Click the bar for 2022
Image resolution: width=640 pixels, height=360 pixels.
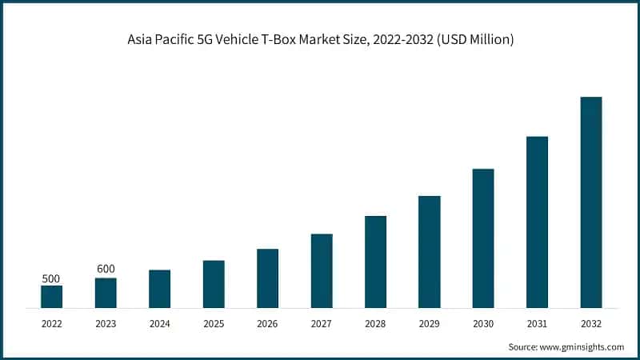tap(51, 296)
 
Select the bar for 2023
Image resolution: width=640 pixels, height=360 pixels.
tap(106, 293)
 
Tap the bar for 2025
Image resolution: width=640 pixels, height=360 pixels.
tap(214, 284)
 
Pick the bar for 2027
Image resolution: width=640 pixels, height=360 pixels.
tap(322, 270)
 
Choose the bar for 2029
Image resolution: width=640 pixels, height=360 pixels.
tap(430, 251)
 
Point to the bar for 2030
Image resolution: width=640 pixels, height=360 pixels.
tap(483, 238)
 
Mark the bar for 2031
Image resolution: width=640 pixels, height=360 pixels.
tap(537, 222)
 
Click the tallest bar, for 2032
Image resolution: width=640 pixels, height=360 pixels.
tap(591, 202)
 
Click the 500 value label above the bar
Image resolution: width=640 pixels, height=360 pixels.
tap(51, 278)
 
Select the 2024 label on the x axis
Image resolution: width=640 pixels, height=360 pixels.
tap(159, 323)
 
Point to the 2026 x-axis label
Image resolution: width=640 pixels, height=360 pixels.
tap(267, 323)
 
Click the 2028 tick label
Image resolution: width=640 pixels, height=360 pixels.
tap(375, 323)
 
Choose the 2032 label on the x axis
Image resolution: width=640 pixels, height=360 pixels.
tap(591, 323)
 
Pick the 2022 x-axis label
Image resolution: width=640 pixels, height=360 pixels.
tap(51, 323)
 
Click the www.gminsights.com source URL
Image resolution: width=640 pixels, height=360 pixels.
tap(583, 347)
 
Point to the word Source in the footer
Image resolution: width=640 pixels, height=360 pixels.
tap(524, 347)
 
